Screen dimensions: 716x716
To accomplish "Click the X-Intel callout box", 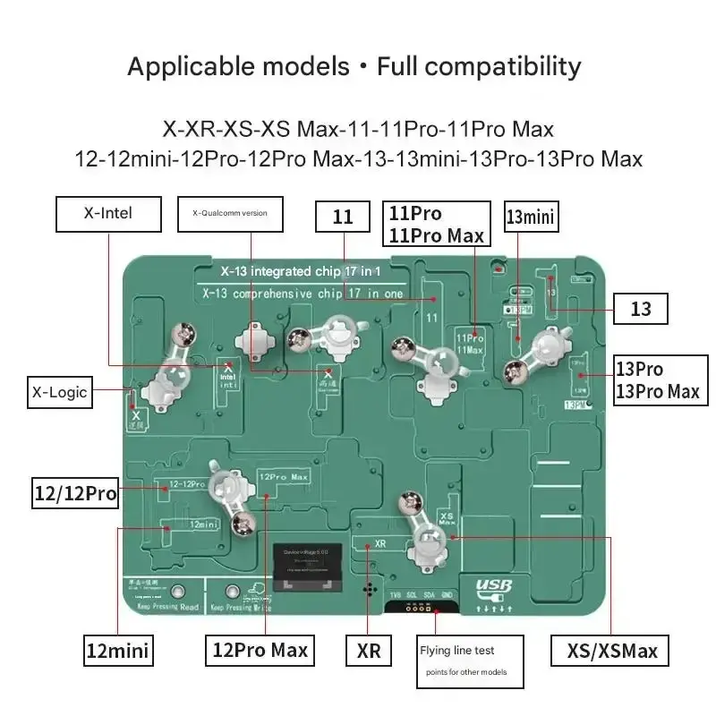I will (x=108, y=215).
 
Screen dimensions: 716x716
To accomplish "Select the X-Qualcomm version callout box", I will (x=230, y=214).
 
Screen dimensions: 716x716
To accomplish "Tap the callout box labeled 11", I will (x=343, y=217).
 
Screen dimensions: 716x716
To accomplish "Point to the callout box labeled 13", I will (x=641, y=309).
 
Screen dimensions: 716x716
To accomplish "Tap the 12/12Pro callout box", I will (x=75, y=491).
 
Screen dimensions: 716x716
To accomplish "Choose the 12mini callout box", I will (x=117, y=649).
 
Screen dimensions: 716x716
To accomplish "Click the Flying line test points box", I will (x=470, y=661).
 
